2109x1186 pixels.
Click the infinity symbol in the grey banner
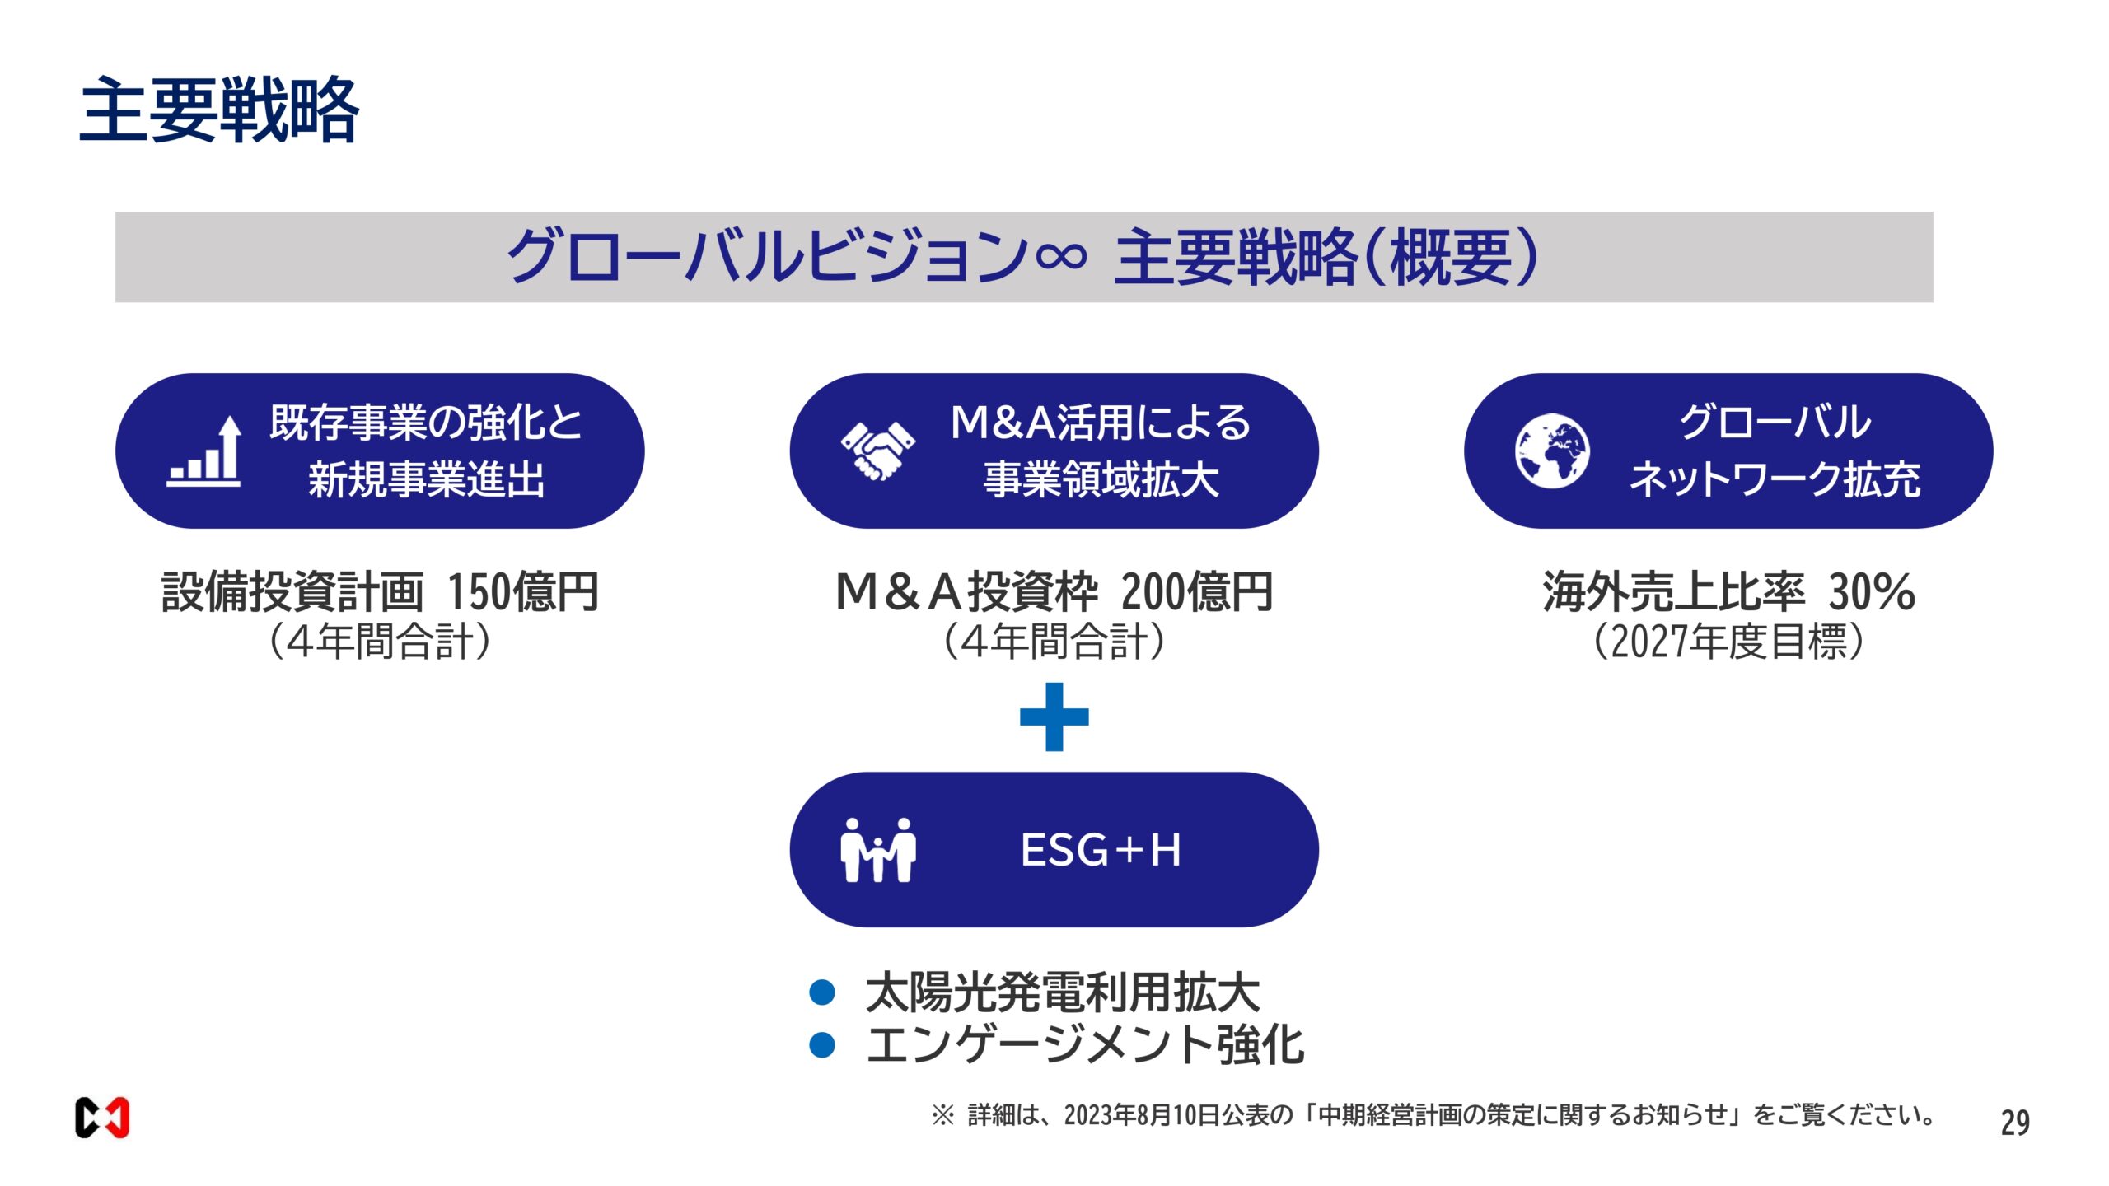point(1061,257)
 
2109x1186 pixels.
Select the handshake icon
point(877,451)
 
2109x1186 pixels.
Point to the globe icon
point(1552,451)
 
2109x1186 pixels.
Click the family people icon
point(877,850)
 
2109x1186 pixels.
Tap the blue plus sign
point(1054,717)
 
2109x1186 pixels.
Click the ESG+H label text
point(1101,850)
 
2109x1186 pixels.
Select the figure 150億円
point(522,591)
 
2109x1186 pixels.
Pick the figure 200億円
point(1196,591)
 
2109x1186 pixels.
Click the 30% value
point(1872,591)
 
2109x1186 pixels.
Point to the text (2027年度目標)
point(1728,642)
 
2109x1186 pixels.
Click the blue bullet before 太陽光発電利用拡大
point(822,992)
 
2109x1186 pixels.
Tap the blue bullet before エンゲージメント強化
point(822,1045)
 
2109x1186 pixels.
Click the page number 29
point(2015,1123)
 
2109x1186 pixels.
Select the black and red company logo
point(102,1118)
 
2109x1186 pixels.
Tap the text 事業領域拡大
point(1101,479)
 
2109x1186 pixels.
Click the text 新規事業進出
point(426,479)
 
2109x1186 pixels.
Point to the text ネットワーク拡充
point(1775,479)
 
